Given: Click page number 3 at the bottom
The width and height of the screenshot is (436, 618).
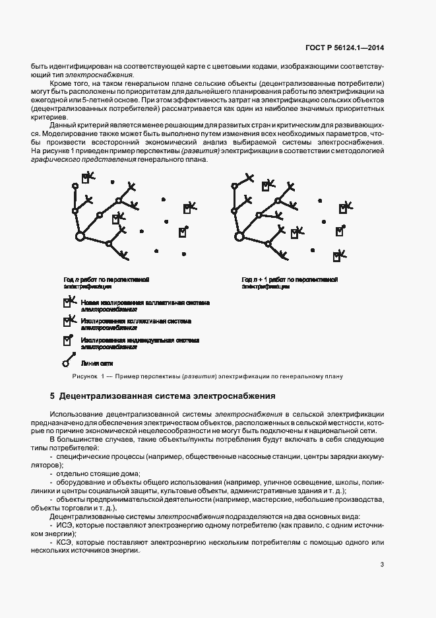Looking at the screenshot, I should (383, 564).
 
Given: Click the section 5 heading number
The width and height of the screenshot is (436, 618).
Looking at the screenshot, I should (52, 396).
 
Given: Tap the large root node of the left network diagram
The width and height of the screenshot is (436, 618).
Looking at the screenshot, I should (80, 236).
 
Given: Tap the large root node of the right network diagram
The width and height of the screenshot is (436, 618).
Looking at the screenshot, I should (239, 235).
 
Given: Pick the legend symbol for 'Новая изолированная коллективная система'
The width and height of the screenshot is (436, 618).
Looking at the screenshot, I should (69, 303).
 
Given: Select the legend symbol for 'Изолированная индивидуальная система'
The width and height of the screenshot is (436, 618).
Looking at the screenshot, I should (67, 341).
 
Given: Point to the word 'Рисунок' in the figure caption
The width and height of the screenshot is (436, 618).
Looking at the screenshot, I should (84, 376).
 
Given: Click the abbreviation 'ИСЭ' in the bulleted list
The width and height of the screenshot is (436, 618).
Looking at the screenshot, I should (66, 526).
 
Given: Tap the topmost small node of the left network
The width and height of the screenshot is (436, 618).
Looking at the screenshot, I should (75, 186).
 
